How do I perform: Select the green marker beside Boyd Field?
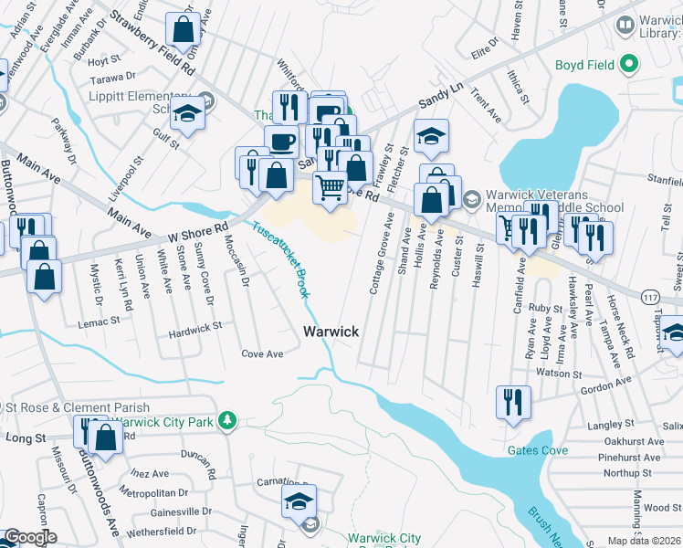(628, 64)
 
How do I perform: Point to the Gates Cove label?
(539, 451)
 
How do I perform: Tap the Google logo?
(30, 537)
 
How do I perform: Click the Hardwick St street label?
(194, 326)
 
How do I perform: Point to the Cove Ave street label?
(262, 353)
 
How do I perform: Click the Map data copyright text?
(646, 541)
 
